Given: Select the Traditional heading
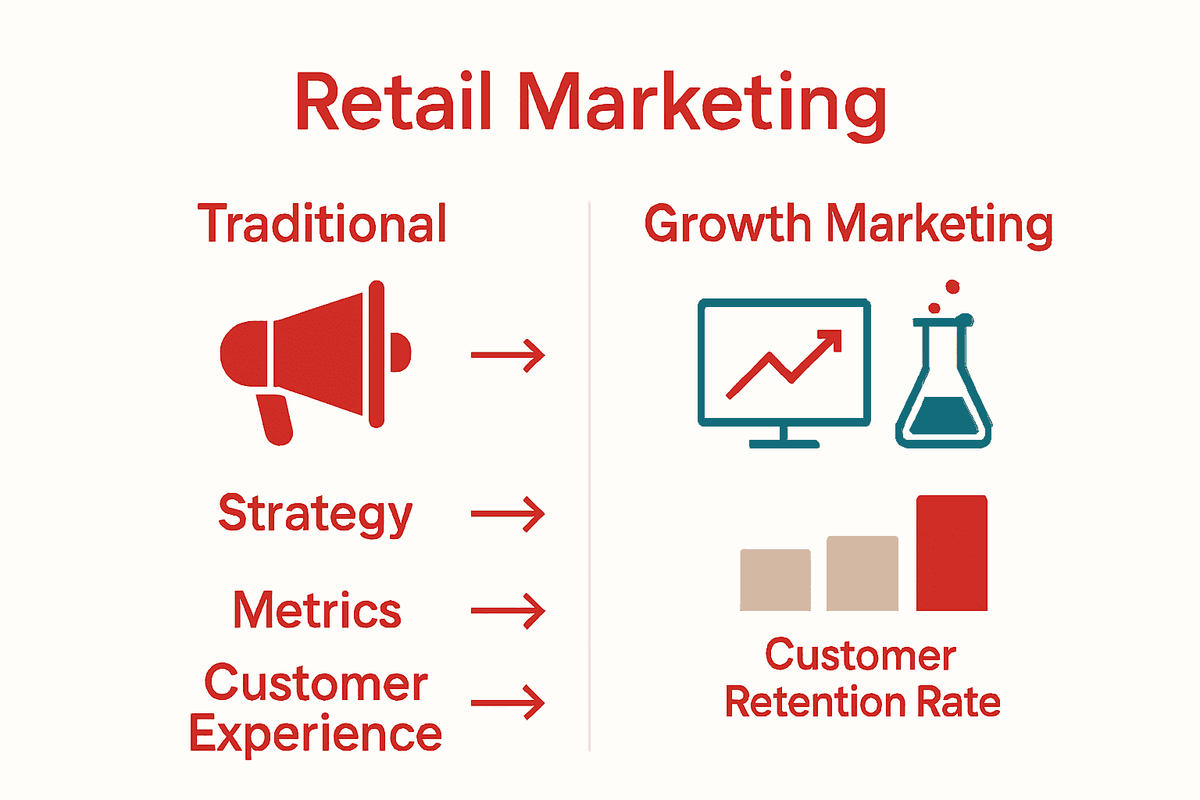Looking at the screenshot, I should click(x=322, y=224).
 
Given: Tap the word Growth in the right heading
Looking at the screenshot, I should click(x=727, y=224).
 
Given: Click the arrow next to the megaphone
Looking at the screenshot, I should click(x=508, y=355).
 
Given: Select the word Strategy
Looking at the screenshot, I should click(x=315, y=515).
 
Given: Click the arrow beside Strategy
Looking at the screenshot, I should click(x=508, y=515).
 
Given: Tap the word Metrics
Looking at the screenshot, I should click(x=317, y=610).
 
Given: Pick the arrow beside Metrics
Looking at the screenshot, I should click(x=508, y=611).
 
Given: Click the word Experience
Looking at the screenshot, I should click(x=316, y=734).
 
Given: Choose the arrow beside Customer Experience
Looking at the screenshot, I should click(x=508, y=702).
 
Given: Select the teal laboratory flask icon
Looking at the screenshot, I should click(x=944, y=383).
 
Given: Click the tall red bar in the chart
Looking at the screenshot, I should click(x=952, y=553).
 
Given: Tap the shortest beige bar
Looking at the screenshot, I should click(x=775, y=580).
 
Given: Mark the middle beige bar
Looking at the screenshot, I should click(x=862, y=573).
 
